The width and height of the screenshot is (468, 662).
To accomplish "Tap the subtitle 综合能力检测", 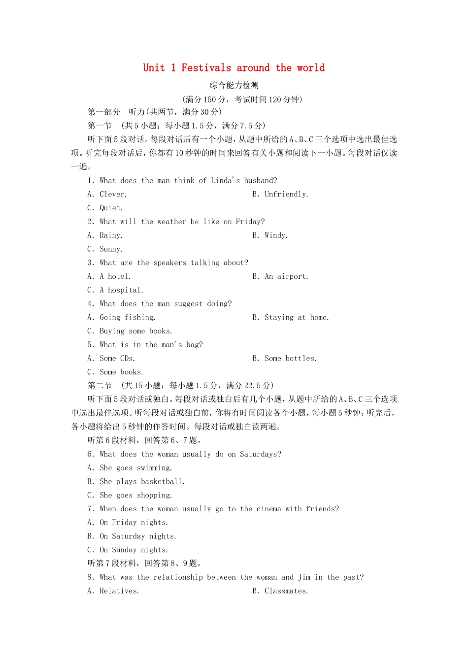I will (x=234, y=85).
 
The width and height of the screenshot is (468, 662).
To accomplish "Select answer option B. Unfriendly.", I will (x=280, y=195).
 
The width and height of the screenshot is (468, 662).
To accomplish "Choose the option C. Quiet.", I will (x=105, y=208).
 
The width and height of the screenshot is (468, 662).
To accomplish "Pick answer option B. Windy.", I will (x=270, y=235).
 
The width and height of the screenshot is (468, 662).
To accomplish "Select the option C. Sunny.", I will (x=105, y=249).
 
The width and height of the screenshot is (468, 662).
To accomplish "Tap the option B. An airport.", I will (x=280, y=277).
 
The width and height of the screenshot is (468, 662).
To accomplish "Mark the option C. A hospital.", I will (x=116, y=291).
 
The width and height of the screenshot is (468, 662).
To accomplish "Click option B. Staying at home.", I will (x=291, y=318).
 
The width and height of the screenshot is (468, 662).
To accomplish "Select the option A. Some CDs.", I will (x=111, y=359).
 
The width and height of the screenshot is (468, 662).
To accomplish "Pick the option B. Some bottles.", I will (x=285, y=359).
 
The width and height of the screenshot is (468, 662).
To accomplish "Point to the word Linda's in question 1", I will (x=225, y=181).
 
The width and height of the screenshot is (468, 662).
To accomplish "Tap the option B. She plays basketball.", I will (x=136, y=482).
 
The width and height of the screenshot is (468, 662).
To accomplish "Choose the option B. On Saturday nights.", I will (x=132, y=536).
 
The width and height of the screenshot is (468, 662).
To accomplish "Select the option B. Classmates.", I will (x=280, y=591).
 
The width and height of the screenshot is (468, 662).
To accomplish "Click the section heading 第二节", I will (x=100, y=386).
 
